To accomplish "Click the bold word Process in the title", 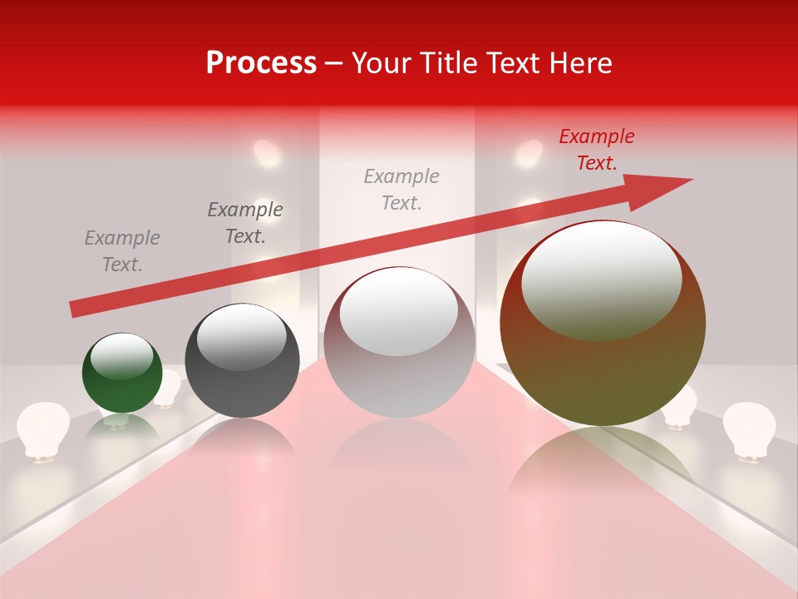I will click(261, 63).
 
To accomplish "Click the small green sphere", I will click(122, 373).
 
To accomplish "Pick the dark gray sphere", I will click(242, 360).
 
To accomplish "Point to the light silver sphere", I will click(399, 342).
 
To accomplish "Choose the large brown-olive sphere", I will click(603, 323).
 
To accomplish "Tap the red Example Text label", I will click(596, 150).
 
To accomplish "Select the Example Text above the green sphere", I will click(122, 251).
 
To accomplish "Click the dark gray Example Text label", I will click(245, 223).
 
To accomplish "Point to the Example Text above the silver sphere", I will click(401, 190).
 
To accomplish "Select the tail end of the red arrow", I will click(75, 309).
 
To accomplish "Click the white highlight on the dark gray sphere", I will click(241, 338).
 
